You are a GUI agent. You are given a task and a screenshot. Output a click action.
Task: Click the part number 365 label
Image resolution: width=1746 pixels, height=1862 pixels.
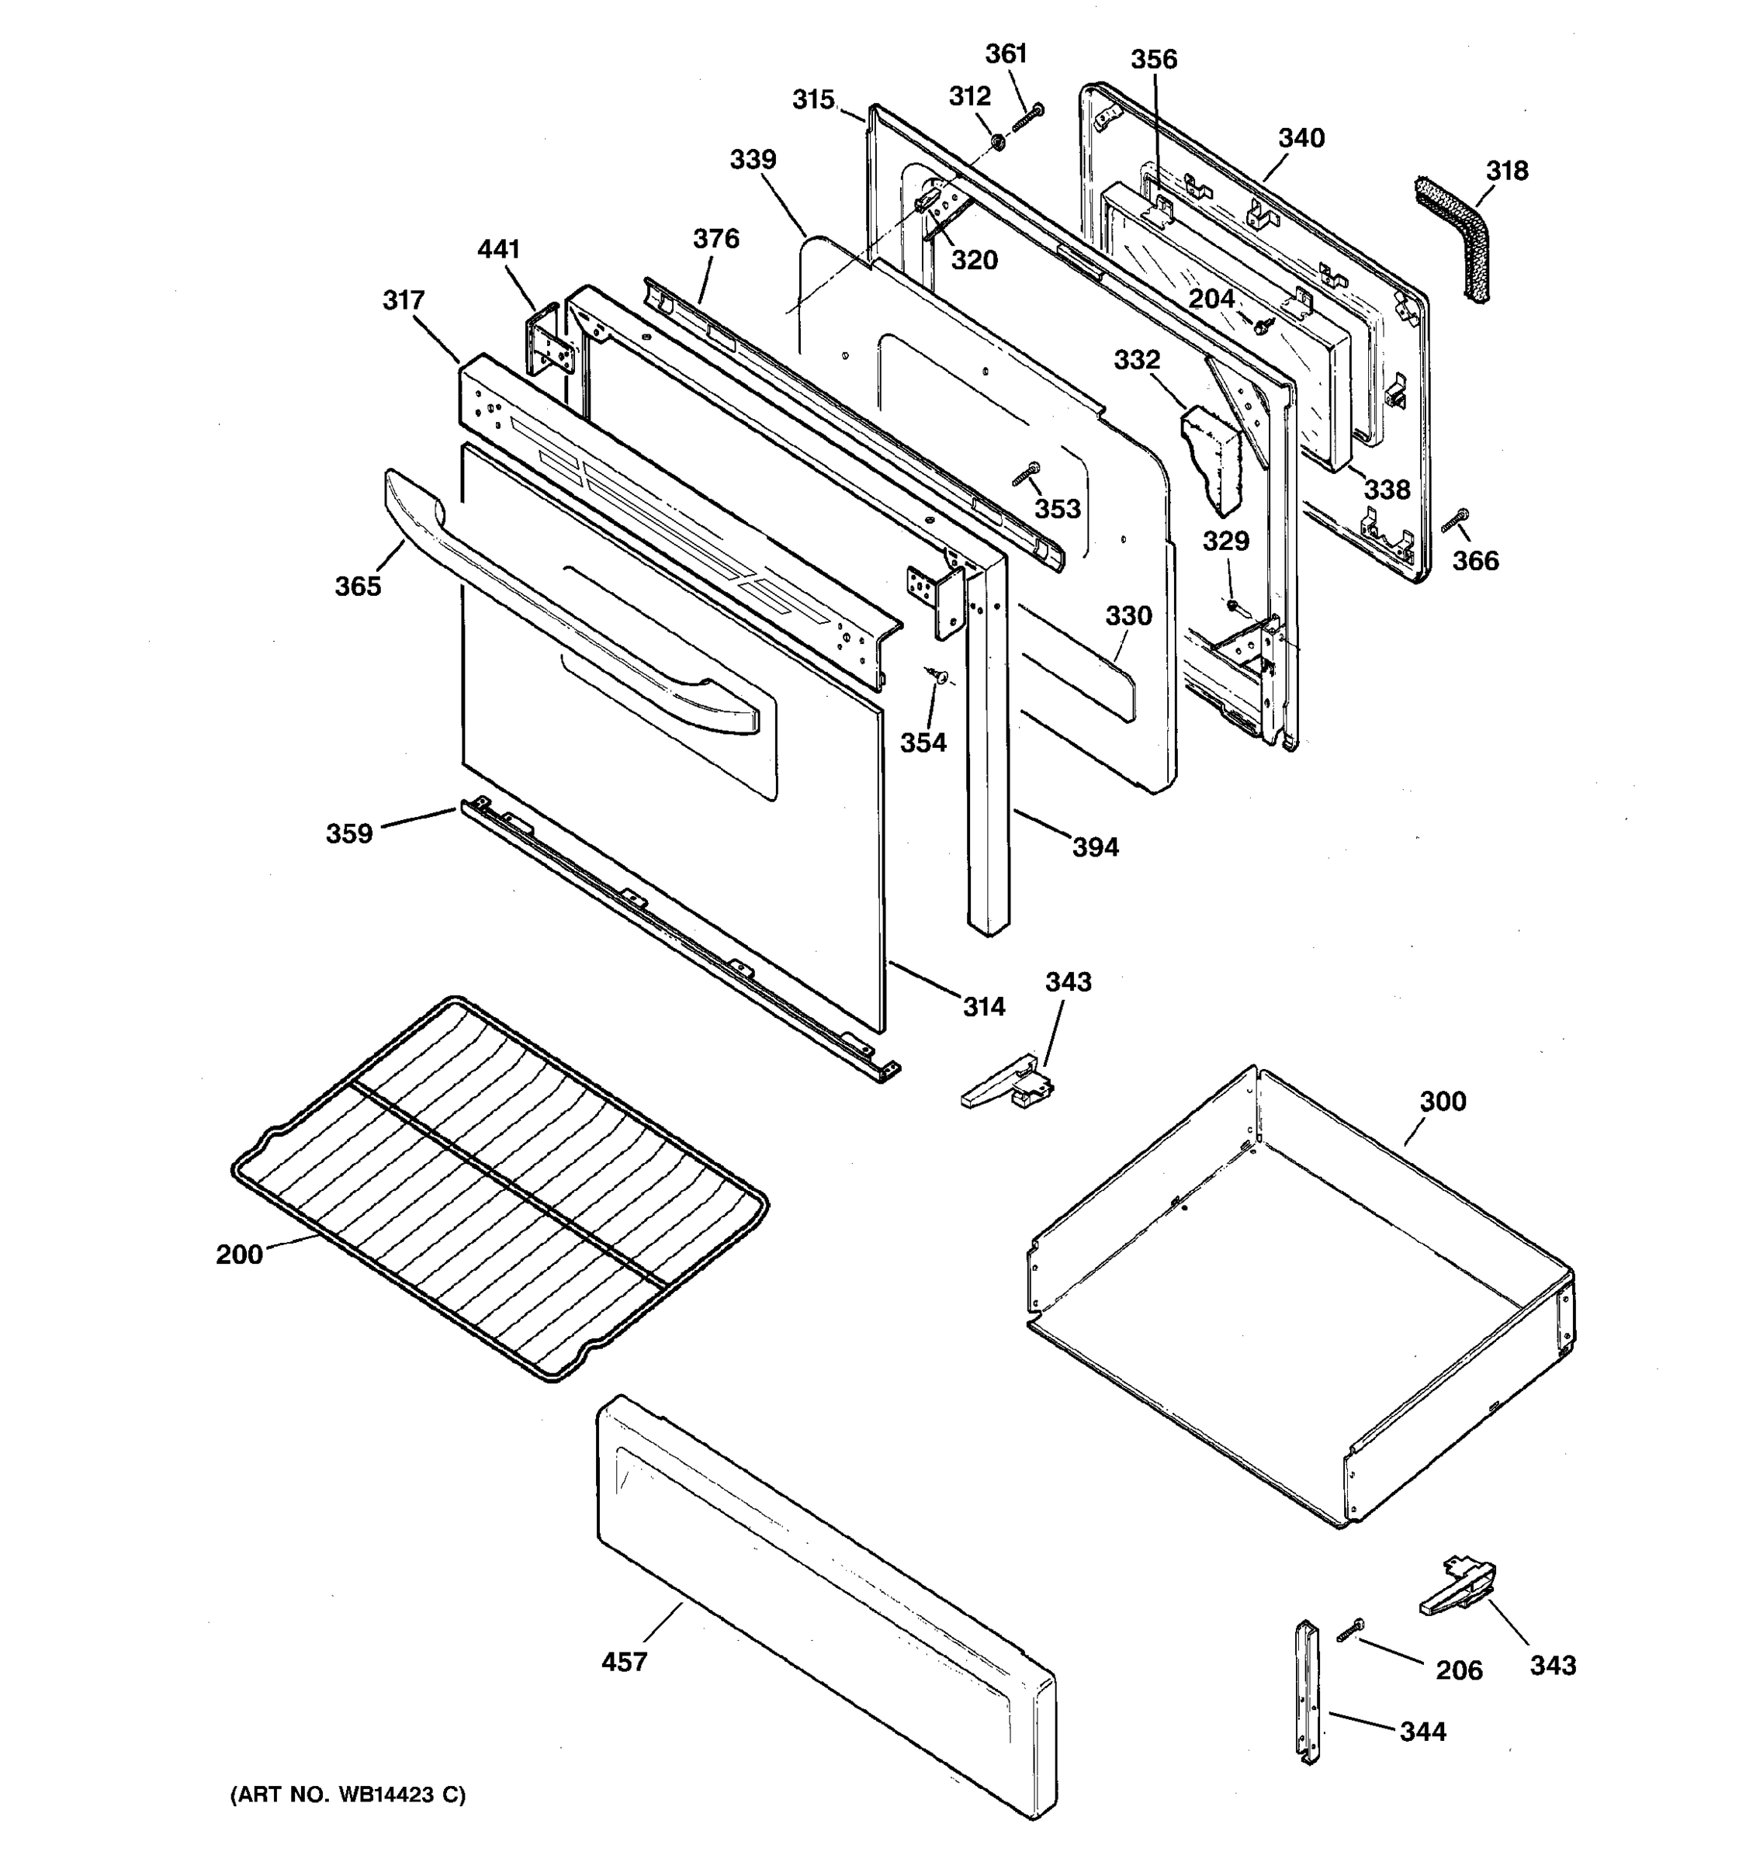(x=358, y=587)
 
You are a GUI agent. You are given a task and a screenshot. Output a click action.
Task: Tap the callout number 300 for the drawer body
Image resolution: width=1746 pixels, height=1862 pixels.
(x=1443, y=1101)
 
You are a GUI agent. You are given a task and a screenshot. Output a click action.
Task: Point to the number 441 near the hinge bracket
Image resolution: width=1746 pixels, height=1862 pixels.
(x=498, y=249)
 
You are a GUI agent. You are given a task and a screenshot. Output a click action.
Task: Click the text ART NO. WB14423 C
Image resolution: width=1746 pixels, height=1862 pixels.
(x=348, y=1795)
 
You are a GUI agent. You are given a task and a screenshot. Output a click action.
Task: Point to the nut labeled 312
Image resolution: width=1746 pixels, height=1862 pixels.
(x=999, y=143)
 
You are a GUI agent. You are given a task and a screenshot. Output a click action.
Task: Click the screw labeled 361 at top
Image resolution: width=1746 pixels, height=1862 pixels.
(x=1027, y=117)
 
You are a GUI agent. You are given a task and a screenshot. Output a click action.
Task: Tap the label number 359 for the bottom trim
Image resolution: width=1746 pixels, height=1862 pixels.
(x=349, y=833)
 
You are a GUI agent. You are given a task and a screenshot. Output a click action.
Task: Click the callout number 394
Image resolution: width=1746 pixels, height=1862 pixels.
(x=1095, y=848)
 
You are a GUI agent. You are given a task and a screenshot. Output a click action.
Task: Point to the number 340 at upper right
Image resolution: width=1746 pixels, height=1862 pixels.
(x=1301, y=139)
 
